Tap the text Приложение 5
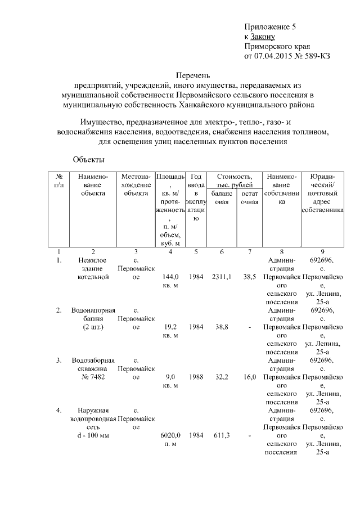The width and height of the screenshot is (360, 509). point(270,26)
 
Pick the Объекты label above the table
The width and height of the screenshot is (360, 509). point(89,160)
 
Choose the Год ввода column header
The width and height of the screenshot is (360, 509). point(196,181)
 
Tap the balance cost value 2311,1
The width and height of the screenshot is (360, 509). point(223,277)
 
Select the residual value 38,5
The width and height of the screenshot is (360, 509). point(250,277)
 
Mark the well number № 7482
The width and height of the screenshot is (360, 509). point(93,370)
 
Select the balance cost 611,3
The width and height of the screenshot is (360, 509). point(223,435)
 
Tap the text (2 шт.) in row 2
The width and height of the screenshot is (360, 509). point(93,327)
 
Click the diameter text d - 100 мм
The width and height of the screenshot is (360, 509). point(93,435)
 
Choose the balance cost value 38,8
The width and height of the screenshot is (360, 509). point(223,327)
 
